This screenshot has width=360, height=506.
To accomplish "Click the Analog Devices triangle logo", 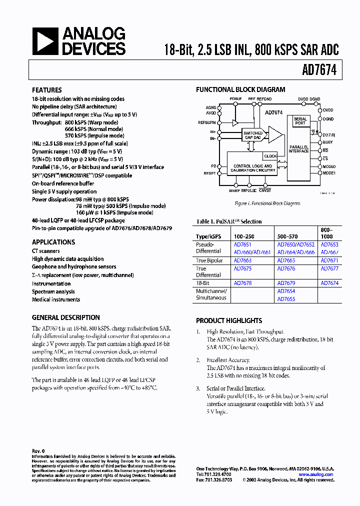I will pos(45,41).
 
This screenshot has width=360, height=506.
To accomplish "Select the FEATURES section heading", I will pos(47,90).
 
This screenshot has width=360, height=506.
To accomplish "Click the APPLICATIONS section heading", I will pos(53,242).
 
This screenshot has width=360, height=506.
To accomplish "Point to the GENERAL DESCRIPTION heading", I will pos(65,317).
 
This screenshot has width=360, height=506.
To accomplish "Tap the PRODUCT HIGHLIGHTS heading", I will pos(229,320).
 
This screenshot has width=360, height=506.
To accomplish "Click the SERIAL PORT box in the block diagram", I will pos(300,121).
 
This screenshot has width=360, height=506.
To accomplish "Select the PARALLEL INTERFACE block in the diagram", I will pos(299,148).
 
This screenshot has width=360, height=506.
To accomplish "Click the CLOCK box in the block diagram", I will pos(270,156).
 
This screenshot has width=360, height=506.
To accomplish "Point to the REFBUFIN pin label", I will pos(207,122).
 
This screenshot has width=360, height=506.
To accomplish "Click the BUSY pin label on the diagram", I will pos(327,142).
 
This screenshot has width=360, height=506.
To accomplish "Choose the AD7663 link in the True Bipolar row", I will pos(242,261).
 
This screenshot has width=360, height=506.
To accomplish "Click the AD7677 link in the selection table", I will pos(329,268).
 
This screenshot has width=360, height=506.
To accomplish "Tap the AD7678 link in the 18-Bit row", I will pos(242,283).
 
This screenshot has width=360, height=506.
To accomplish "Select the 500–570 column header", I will pos(287,235).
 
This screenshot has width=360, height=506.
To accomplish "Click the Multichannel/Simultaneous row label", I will pos(211,294).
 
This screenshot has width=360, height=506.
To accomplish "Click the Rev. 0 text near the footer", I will pos(38,450).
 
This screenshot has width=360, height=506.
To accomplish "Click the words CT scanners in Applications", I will pos(46,251).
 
